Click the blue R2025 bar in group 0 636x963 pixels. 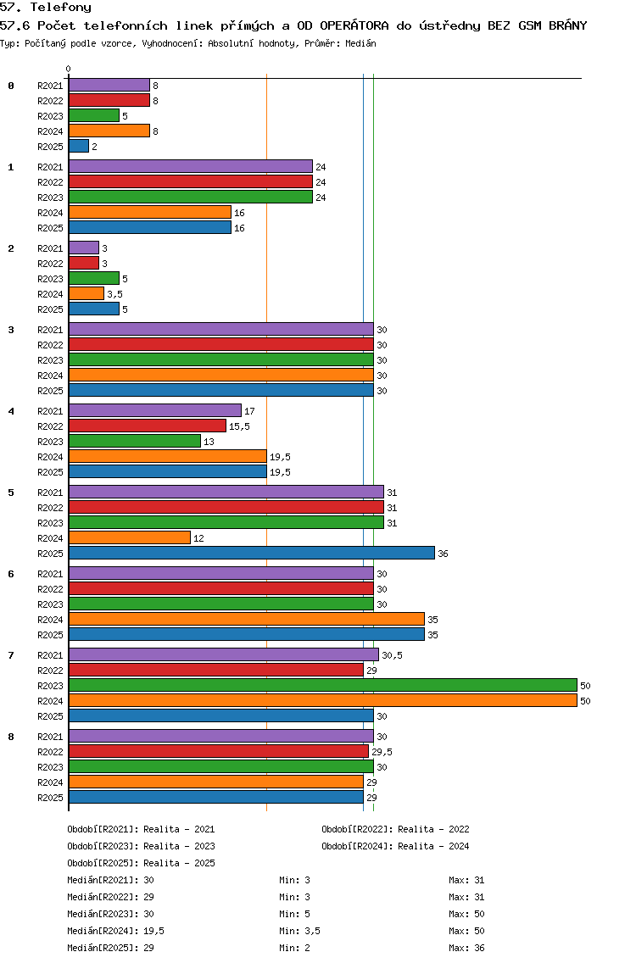click(x=79, y=146)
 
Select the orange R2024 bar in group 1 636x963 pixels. click(x=150, y=213)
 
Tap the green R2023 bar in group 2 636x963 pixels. click(x=94, y=278)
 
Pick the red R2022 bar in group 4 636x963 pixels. click(x=148, y=426)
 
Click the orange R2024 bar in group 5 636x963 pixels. click(x=130, y=538)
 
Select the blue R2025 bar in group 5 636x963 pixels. click(x=252, y=553)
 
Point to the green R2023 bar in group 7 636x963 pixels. click(x=323, y=686)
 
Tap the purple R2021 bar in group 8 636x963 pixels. click(x=221, y=736)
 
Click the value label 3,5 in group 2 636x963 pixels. click(x=115, y=294)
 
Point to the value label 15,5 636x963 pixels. click(x=240, y=426)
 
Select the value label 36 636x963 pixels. click(x=443, y=554)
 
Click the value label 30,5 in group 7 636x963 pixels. click(x=392, y=655)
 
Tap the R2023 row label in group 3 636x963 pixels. click(x=50, y=360)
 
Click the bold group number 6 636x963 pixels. click(x=11, y=574)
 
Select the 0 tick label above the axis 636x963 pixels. click(x=68, y=69)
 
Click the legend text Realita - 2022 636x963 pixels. click(x=434, y=829)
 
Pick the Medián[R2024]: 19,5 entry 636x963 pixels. click(x=115, y=931)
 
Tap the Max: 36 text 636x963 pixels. click(x=466, y=948)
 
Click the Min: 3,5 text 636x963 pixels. click(x=300, y=931)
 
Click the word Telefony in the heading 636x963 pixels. click(x=61, y=8)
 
